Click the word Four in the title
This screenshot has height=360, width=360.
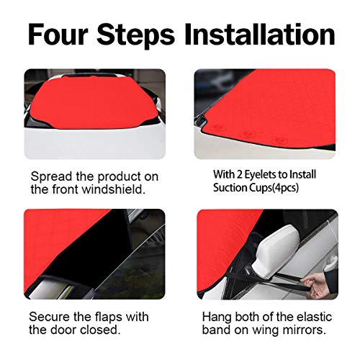[57, 34]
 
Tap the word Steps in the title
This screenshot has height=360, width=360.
[135, 36]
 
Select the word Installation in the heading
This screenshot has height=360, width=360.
[260, 34]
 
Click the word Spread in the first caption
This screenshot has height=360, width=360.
[51, 177]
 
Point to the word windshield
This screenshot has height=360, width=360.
[114, 189]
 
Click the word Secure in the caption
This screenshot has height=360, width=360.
[50, 317]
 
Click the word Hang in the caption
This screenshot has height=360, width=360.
[217, 318]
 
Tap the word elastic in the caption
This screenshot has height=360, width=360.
[314, 317]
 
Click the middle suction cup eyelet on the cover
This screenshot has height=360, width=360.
[247, 135]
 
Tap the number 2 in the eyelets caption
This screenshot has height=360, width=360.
[240, 175]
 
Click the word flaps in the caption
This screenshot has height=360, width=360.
[109, 318]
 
